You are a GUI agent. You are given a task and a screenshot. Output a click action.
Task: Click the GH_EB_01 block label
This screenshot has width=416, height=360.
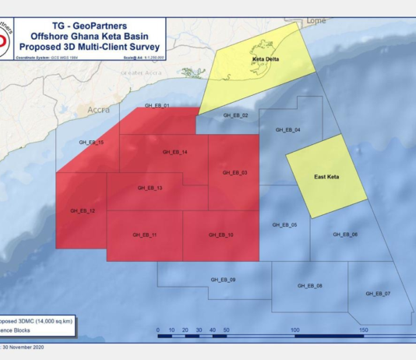tap(157, 105)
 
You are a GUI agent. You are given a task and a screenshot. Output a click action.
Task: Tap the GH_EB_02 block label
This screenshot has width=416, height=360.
tap(234, 115)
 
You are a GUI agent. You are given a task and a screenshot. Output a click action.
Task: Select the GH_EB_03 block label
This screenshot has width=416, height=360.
tap(234, 172)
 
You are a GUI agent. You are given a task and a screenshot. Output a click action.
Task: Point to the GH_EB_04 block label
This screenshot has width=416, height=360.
tap(287, 129)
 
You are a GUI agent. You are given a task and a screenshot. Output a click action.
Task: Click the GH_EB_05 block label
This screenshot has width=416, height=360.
tap(284, 224)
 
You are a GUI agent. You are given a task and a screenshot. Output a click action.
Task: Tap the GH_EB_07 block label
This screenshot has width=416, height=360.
tap(378, 294)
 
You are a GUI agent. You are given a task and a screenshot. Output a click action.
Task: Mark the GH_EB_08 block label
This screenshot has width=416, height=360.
tap(310, 286)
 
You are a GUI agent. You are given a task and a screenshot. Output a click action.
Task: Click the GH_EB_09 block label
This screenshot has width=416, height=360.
tap(223, 279)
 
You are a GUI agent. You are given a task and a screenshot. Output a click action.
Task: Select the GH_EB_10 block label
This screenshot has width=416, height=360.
tap(220, 235)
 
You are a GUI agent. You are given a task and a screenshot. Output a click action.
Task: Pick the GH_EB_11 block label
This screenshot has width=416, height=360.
tap(145, 235)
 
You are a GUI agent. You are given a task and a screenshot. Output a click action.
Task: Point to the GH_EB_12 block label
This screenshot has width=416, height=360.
tap(82, 210)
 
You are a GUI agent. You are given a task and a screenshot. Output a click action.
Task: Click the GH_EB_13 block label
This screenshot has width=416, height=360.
tap(149, 188)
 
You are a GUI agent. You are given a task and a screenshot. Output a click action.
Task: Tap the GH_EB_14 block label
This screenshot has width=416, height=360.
tap(175, 152)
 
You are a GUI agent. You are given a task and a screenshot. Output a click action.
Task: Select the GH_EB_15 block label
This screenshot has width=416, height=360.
tap(91, 143)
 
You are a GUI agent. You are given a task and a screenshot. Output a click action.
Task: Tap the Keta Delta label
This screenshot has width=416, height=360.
tap(265, 59)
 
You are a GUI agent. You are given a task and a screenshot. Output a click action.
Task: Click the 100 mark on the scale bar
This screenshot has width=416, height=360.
tap(295, 330)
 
